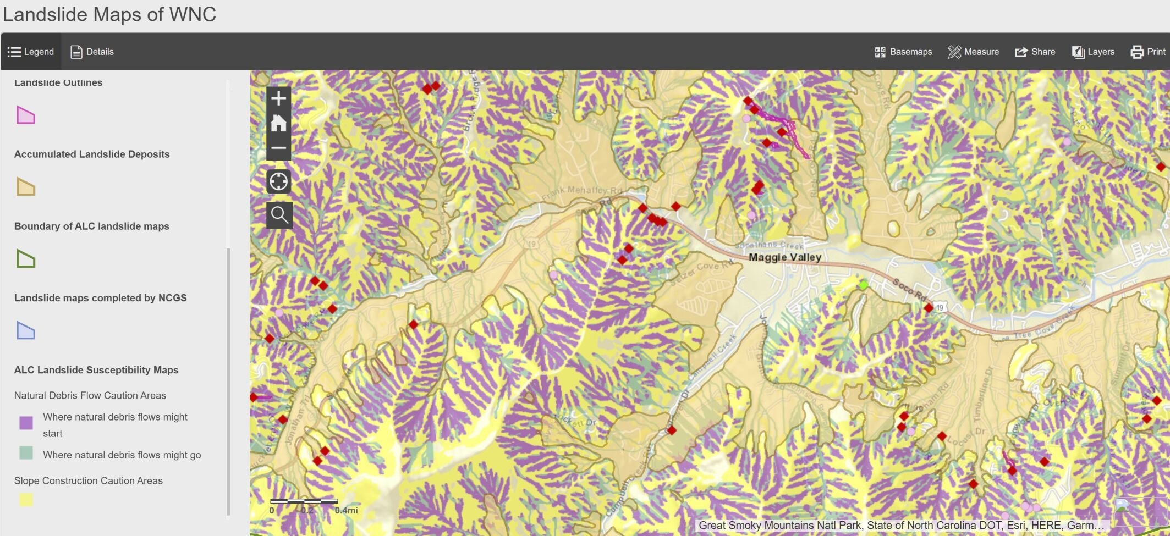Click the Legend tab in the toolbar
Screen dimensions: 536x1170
click(31, 52)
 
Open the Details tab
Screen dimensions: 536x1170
click(92, 52)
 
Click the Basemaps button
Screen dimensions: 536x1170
click(903, 52)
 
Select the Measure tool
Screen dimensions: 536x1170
click(973, 52)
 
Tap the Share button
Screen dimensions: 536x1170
click(1035, 52)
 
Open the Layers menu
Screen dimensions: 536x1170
click(1093, 52)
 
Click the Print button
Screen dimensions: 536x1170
click(1148, 52)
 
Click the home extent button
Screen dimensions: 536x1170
click(279, 123)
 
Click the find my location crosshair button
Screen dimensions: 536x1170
click(279, 181)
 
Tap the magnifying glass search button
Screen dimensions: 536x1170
click(279, 215)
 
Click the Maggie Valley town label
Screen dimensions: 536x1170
click(784, 257)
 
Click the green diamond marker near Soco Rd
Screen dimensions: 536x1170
click(864, 284)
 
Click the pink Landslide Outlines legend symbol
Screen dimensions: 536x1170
click(26, 115)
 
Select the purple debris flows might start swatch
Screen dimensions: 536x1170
click(26, 423)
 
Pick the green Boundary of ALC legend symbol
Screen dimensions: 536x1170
click(26, 259)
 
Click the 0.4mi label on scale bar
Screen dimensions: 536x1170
click(346, 511)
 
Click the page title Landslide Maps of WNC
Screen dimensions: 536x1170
click(109, 14)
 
